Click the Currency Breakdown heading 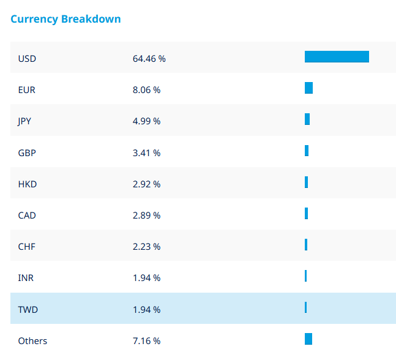point(65,19)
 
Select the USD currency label point(27,59)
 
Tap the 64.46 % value point(149,59)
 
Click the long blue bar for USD point(337,57)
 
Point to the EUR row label point(27,90)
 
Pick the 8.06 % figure point(146,90)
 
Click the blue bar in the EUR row point(308,88)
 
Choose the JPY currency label point(24,121)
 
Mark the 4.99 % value point(146,121)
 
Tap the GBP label point(27,152)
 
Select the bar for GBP point(307,151)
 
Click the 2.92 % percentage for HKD point(146,184)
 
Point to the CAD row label point(27,216)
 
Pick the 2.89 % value point(146,216)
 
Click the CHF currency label point(27,247)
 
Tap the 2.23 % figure point(146,247)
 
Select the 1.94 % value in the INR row point(146,278)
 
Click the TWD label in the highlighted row point(28,310)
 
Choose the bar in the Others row point(308,339)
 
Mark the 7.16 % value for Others point(146,341)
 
